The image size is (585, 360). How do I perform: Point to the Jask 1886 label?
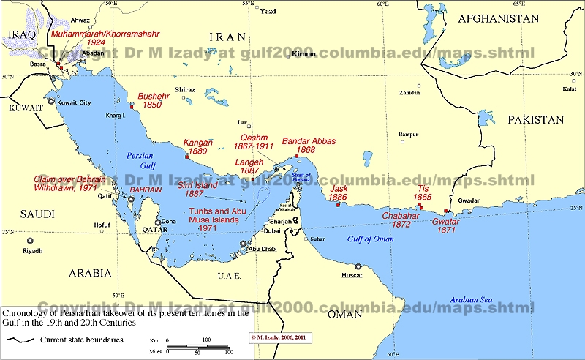point(338,193)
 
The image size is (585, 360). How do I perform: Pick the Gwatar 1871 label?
point(445,225)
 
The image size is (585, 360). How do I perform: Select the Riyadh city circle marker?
point(30,241)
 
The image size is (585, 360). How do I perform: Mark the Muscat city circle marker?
point(358,267)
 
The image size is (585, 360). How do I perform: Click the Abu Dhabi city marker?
point(244,244)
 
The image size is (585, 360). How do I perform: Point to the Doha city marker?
point(157,222)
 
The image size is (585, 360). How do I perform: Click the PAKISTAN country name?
point(537,120)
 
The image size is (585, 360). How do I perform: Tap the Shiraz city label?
point(185,89)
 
